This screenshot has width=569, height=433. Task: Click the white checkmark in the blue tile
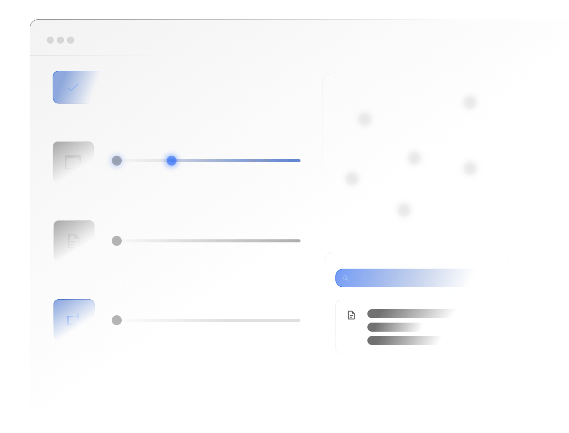coord(73,88)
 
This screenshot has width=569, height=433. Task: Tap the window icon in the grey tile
coord(73,162)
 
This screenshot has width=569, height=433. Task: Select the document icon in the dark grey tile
coord(73,241)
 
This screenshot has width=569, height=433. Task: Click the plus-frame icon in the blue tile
coord(73,320)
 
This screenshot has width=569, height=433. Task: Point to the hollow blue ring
coord(117,161)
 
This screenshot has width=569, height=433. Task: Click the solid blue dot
coord(171,161)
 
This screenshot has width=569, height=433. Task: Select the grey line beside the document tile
coord(207,240)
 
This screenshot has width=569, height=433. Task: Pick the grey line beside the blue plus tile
coord(207,320)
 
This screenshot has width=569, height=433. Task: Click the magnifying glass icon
coord(345,278)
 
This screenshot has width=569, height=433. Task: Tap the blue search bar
coord(406,278)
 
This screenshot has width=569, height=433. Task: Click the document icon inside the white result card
coord(351,315)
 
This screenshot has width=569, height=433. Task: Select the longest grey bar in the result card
coord(410,314)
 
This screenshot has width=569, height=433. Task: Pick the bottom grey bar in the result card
coord(404,341)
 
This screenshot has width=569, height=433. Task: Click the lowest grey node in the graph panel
coord(404,210)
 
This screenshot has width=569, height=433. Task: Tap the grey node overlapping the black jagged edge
coord(470,168)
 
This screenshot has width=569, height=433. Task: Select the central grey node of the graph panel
coord(415,157)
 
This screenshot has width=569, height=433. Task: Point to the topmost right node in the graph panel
coord(469,102)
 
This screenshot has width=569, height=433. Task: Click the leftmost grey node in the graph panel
coord(352,178)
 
